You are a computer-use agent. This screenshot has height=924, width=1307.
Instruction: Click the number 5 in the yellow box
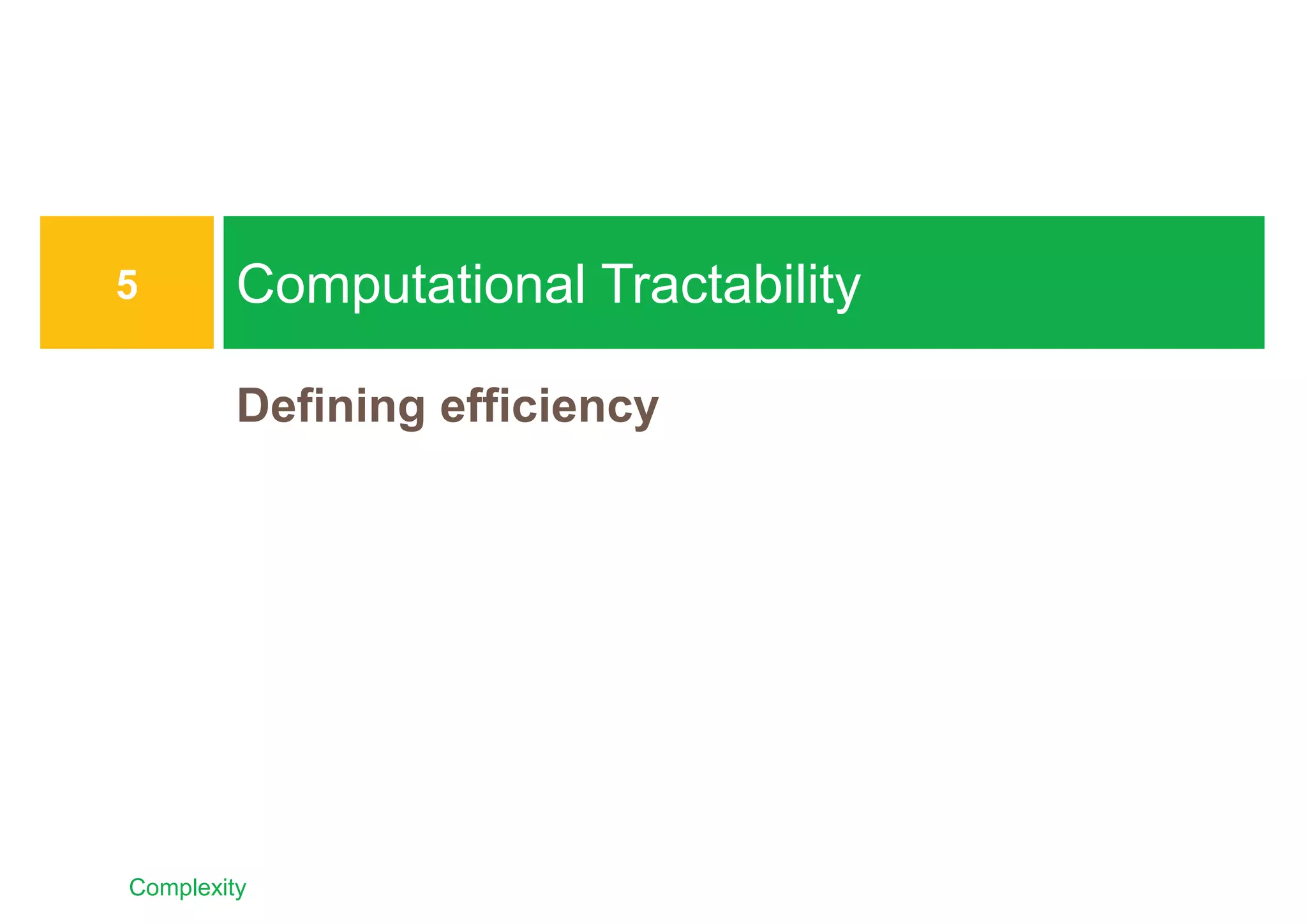(x=127, y=285)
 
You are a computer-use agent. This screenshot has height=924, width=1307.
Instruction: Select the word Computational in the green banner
(x=410, y=285)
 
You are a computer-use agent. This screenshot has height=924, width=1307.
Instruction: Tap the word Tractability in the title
(x=730, y=285)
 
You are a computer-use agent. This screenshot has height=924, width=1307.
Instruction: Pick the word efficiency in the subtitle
(x=549, y=407)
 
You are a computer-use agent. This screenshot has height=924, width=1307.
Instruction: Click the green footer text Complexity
(x=187, y=888)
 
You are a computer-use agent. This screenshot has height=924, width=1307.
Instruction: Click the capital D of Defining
(x=251, y=405)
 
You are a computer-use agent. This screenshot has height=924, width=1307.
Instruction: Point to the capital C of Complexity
(x=136, y=888)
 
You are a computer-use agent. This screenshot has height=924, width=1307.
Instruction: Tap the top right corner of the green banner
(x=1262, y=218)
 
